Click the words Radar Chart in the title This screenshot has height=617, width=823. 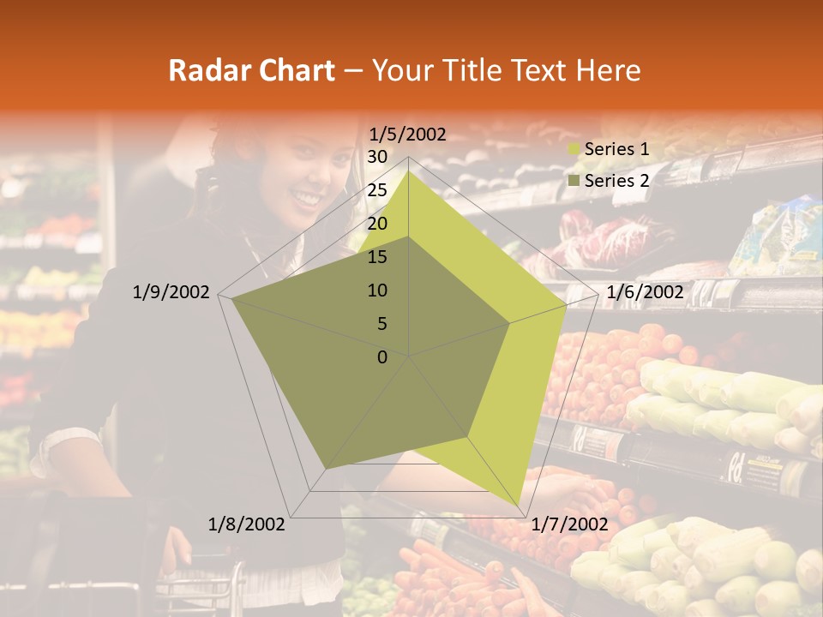(251, 70)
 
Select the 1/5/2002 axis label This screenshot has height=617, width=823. (407, 134)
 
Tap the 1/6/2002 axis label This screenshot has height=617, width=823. (645, 293)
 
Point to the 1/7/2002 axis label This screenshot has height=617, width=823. (570, 524)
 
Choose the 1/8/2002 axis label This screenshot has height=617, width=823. (247, 524)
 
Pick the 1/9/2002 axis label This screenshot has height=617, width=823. (171, 293)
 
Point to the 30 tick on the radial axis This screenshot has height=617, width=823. (377, 157)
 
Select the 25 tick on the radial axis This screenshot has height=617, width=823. (377, 190)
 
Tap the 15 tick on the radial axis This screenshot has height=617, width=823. (377, 257)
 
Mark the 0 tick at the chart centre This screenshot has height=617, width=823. (382, 357)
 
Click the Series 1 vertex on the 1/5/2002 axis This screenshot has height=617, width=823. (408, 171)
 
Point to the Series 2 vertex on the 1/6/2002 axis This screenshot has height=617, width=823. (509, 323)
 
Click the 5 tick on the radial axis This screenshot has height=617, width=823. (382, 324)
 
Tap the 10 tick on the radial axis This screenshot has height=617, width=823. (377, 291)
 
